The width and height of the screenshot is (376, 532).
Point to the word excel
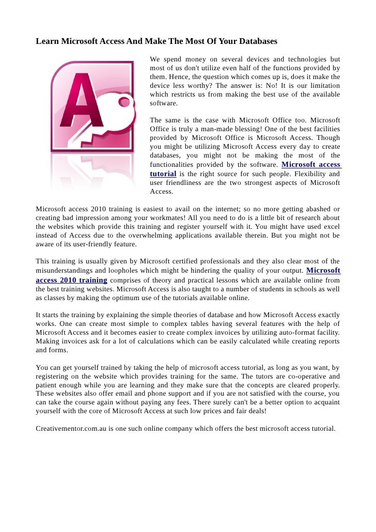point(331,227)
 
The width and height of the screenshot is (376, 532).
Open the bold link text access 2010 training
point(72,280)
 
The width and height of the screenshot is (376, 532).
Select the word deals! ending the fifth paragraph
point(255,411)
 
